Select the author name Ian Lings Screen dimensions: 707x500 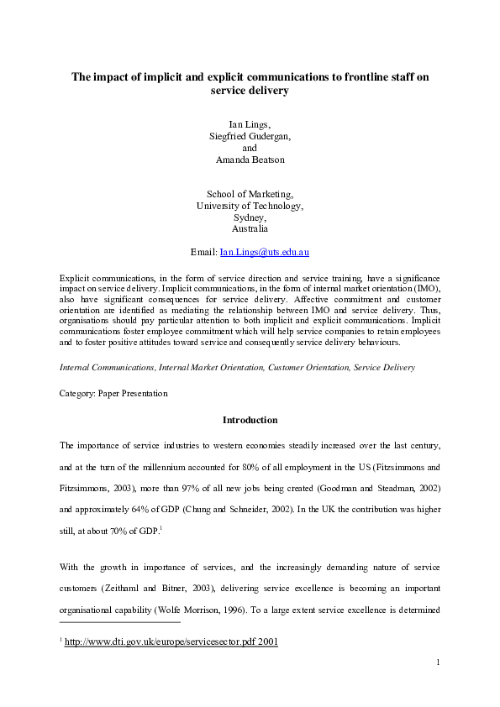(250, 124)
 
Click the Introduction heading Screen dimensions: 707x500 (250, 420)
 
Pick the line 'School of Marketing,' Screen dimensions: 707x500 (250, 194)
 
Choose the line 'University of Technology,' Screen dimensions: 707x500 (250, 205)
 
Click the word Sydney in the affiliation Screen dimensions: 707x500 (250, 217)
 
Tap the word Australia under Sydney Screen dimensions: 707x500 (250, 228)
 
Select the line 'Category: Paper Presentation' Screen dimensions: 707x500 (113, 393)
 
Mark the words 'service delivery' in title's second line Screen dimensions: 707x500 (250, 91)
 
